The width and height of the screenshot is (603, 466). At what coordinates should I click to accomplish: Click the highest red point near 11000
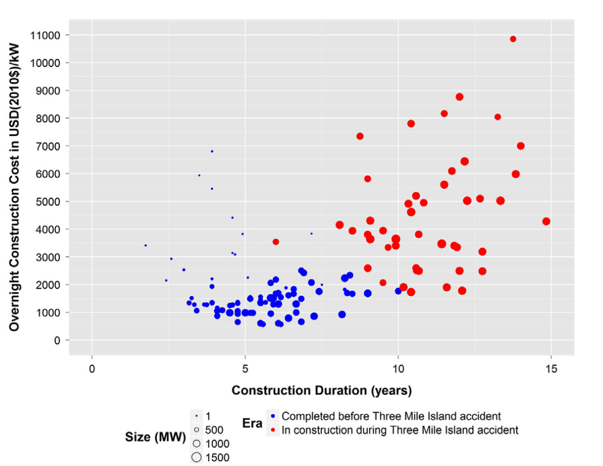pyautogui.click(x=513, y=39)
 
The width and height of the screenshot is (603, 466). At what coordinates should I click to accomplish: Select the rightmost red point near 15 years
pyautogui.click(x=546, y=221)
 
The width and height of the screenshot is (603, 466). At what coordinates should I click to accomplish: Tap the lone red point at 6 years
pyautogui.click(x=276, y=242)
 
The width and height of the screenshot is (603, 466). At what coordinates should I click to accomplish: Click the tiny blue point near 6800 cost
pyautogui.click(x=212, y=151)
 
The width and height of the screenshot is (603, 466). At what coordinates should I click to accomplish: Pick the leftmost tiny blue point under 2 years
pyautogui.click(x=145, y=245)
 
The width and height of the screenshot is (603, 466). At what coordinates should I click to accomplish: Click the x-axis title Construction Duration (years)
pyautogui.click(x=322, y=390)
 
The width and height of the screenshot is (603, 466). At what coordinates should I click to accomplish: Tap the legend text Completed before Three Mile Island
pyautogui.click(x=391, y=417)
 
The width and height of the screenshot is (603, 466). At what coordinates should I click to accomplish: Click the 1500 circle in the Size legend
pyautogui.click(x=197, y=458)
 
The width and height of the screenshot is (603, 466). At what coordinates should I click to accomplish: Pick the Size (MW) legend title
pyautogui.click(x=155, y=437)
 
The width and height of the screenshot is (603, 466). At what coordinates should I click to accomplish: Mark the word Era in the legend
pyautogui.click(x=252, y=424)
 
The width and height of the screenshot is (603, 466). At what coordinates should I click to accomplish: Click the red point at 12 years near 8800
pyautogui.click(x=459, y=97)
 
